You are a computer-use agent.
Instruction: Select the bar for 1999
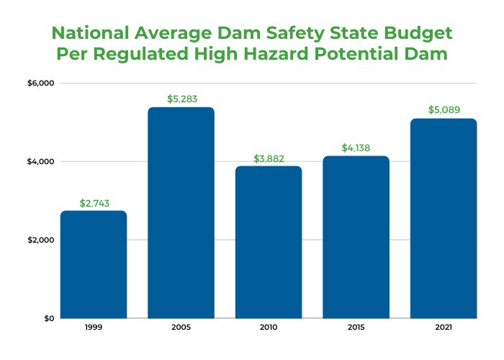[x=94, y=264]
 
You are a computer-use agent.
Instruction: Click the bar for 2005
[x=181, y=212]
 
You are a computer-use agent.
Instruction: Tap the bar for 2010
[x=269, y=242]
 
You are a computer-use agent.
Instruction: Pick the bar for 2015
[x=356, y=237]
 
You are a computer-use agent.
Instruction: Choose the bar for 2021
[x=444, y=218]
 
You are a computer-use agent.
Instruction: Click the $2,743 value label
[x=94, y=203]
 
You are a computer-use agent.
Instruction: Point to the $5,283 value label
[x=181, y=99]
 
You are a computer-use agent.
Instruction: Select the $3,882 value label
[x=269, y=158]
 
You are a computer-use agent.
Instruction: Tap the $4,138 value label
[x=356, y=148]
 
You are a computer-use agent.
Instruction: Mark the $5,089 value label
[x=444, y=110]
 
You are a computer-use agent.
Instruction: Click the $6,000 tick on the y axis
[x=41, y=84]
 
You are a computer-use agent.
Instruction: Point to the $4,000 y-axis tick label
[x=41, y=162]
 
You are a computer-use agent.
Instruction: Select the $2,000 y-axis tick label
[x=41, y=240]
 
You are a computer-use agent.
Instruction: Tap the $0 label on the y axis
[x=48, y=318]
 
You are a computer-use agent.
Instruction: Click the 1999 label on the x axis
[x=94, y=328]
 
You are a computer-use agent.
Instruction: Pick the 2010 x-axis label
[x=269, y=328]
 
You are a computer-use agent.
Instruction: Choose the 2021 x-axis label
[x=444, y=328]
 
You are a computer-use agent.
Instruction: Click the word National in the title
[x=96, y=34]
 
